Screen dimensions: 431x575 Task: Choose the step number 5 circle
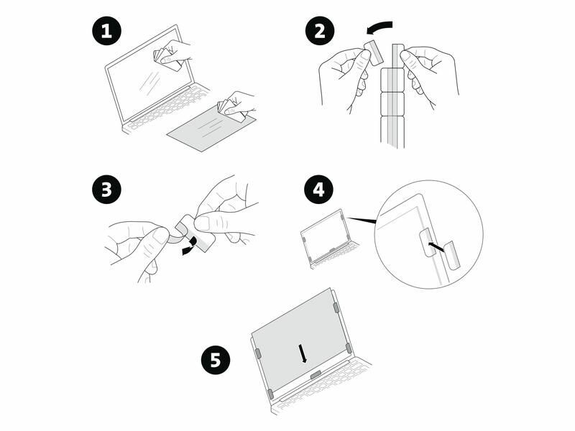pyautogui.click(x=216, y=359)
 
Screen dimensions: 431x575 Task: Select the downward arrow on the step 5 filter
pyautogui.click(x=303, y=352)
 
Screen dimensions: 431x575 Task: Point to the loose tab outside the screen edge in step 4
pyautogui.click(x=451, y=256)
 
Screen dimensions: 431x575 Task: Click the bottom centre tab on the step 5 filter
pyautogui.click(x=315, y=375)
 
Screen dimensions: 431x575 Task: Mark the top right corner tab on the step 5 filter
pyautogui.click(x=336, y=307)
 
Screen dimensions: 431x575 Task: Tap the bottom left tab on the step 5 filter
pyautogui.click(x=270, y=394)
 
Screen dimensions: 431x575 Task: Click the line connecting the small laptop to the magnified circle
pyautogui.click(x=366, y=219)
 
